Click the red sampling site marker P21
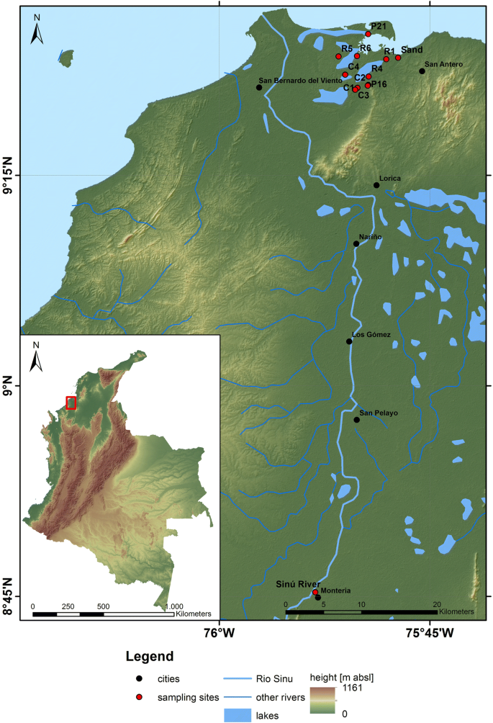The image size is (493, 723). (x=368, y=34)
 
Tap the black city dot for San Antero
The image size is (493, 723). (x=422, y=71)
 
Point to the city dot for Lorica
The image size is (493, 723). (x=376, y=185)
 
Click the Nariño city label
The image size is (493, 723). (x=370, y=236)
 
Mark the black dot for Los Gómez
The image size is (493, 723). (x=349, y=341)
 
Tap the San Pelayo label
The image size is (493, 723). (x=378, y=413)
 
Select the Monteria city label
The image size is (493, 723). (x=335, y=590)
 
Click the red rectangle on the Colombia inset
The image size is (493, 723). (x=71, y=403)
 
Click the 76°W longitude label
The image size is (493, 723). (x=220, y=633)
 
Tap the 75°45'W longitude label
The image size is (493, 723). (x=430, y=633)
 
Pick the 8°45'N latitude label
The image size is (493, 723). (x=10, y=596)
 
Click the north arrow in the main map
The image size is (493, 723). (x=38, y=32)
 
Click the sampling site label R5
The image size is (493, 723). (x=347, y=48)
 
